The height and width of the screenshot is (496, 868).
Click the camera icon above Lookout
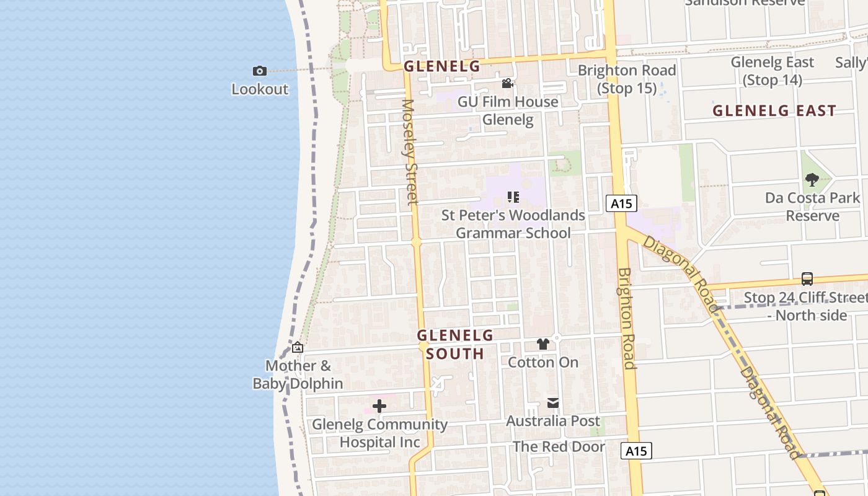260,71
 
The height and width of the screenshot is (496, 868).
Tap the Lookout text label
260,89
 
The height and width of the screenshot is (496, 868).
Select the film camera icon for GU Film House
507,84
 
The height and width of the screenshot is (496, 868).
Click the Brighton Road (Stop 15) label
626,79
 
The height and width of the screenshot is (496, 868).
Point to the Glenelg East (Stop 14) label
773,71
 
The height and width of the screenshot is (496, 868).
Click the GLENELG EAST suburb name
774,111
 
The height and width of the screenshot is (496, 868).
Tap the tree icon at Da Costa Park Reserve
812,180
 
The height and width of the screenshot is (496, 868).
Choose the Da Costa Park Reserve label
812,207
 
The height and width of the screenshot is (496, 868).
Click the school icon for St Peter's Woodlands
513,197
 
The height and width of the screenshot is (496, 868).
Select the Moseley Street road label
410,151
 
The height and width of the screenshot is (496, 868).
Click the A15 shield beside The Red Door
636,451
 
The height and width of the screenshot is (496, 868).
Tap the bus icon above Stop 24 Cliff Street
807,279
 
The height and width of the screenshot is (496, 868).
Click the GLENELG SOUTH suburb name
454,345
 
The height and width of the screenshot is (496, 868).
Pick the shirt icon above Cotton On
543,344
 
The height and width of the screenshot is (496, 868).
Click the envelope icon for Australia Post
553,404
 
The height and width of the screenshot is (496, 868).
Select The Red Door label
559,446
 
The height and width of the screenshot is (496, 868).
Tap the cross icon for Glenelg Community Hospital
379,407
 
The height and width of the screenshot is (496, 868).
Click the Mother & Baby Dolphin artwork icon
298,348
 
